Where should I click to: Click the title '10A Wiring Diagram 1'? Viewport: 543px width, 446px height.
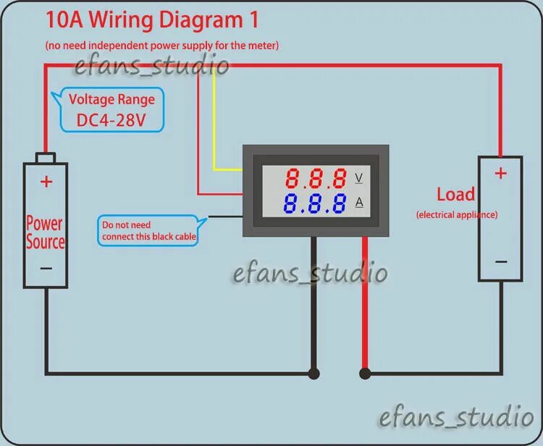coord(152,20)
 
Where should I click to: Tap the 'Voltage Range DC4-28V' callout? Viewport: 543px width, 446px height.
coord(111,109)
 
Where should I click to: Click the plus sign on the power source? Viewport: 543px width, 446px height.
coord(46,182)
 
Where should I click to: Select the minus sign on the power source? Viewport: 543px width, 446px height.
coord(46,268)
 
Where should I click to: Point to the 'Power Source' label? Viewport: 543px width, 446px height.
coord(45,232)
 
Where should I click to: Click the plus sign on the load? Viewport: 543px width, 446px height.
coord(500,173)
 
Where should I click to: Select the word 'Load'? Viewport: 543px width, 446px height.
coord(455,194)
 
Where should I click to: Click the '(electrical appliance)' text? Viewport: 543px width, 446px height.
coord(457,214)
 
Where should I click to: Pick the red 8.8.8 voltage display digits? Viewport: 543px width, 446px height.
coord(316,178)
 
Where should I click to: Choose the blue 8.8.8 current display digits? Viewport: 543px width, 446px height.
coord(316,203)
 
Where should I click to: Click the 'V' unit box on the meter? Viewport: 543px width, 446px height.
coord(359,177)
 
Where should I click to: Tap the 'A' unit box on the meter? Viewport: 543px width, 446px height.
coord(359,202)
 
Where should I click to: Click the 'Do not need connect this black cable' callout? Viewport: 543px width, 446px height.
coord(148,230)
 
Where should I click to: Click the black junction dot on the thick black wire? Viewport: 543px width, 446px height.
coord(313,374)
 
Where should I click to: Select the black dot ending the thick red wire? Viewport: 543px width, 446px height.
coord(365,374)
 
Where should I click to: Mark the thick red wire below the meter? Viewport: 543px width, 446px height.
coord(364,304)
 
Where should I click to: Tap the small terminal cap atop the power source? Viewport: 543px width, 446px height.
coord(46,158)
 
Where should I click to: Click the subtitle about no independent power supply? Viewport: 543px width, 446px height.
coord(161,45)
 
